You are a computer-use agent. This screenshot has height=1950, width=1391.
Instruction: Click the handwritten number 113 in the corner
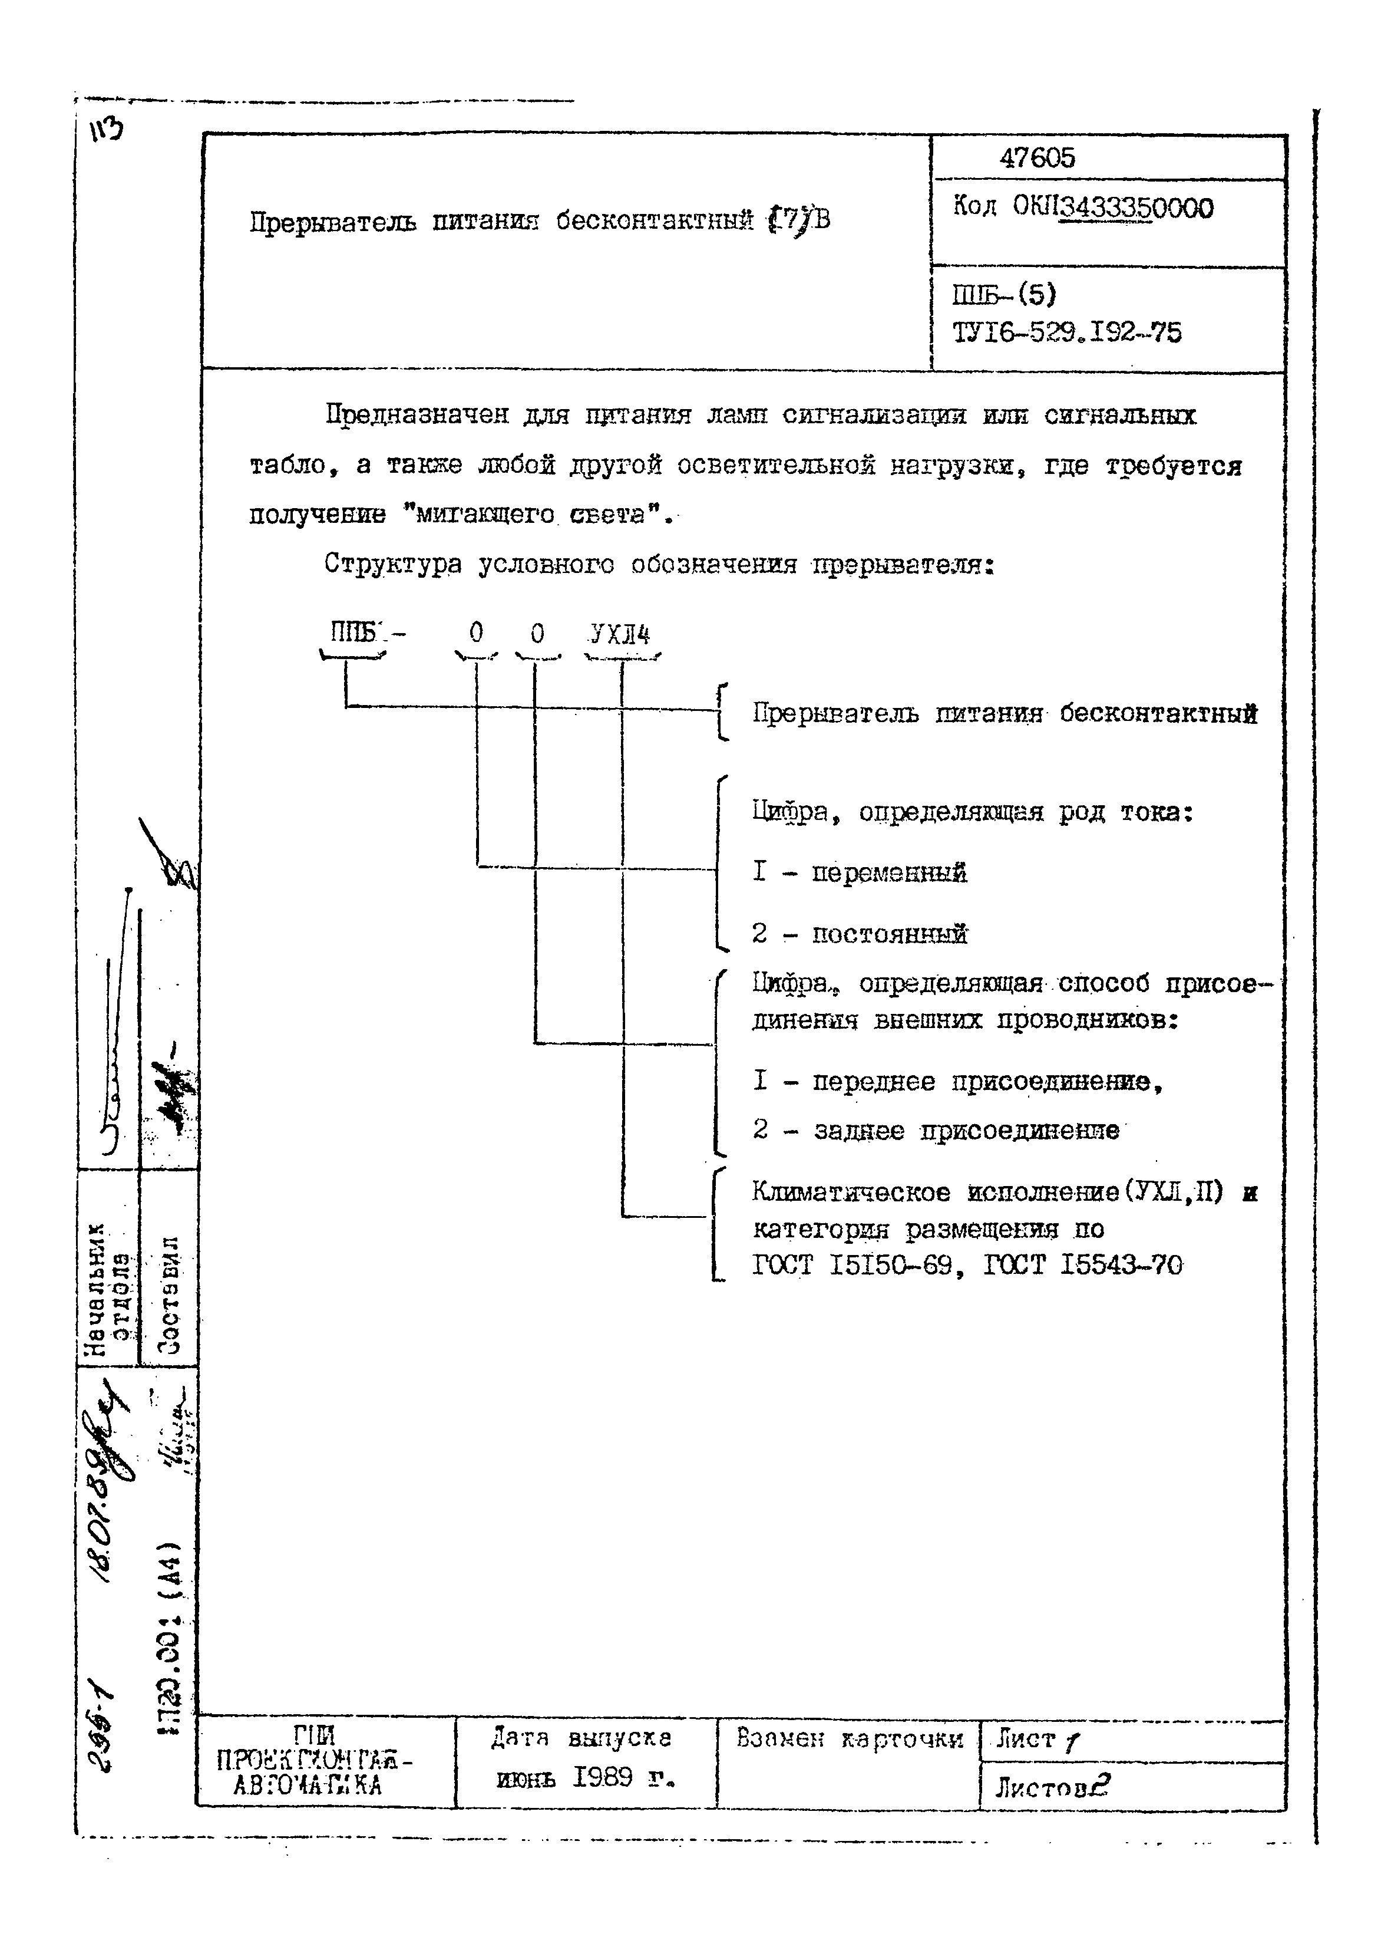(x=105, y=131)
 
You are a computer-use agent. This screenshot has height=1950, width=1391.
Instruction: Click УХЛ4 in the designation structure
(x=621, y=634)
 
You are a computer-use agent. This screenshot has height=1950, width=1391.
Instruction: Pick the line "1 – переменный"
(x=859, y=872)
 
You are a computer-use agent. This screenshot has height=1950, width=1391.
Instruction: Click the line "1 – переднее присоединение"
(x=957, y=1081)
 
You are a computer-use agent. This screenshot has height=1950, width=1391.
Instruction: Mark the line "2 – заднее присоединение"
(x=936, y=1130)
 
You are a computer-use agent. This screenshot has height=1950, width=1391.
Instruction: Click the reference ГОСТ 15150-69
(x=853, y=1266)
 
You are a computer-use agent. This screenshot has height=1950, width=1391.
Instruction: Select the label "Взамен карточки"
(x=849, y=1738)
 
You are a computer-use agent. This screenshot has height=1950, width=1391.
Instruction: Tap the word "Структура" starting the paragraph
(x=392, y=565)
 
